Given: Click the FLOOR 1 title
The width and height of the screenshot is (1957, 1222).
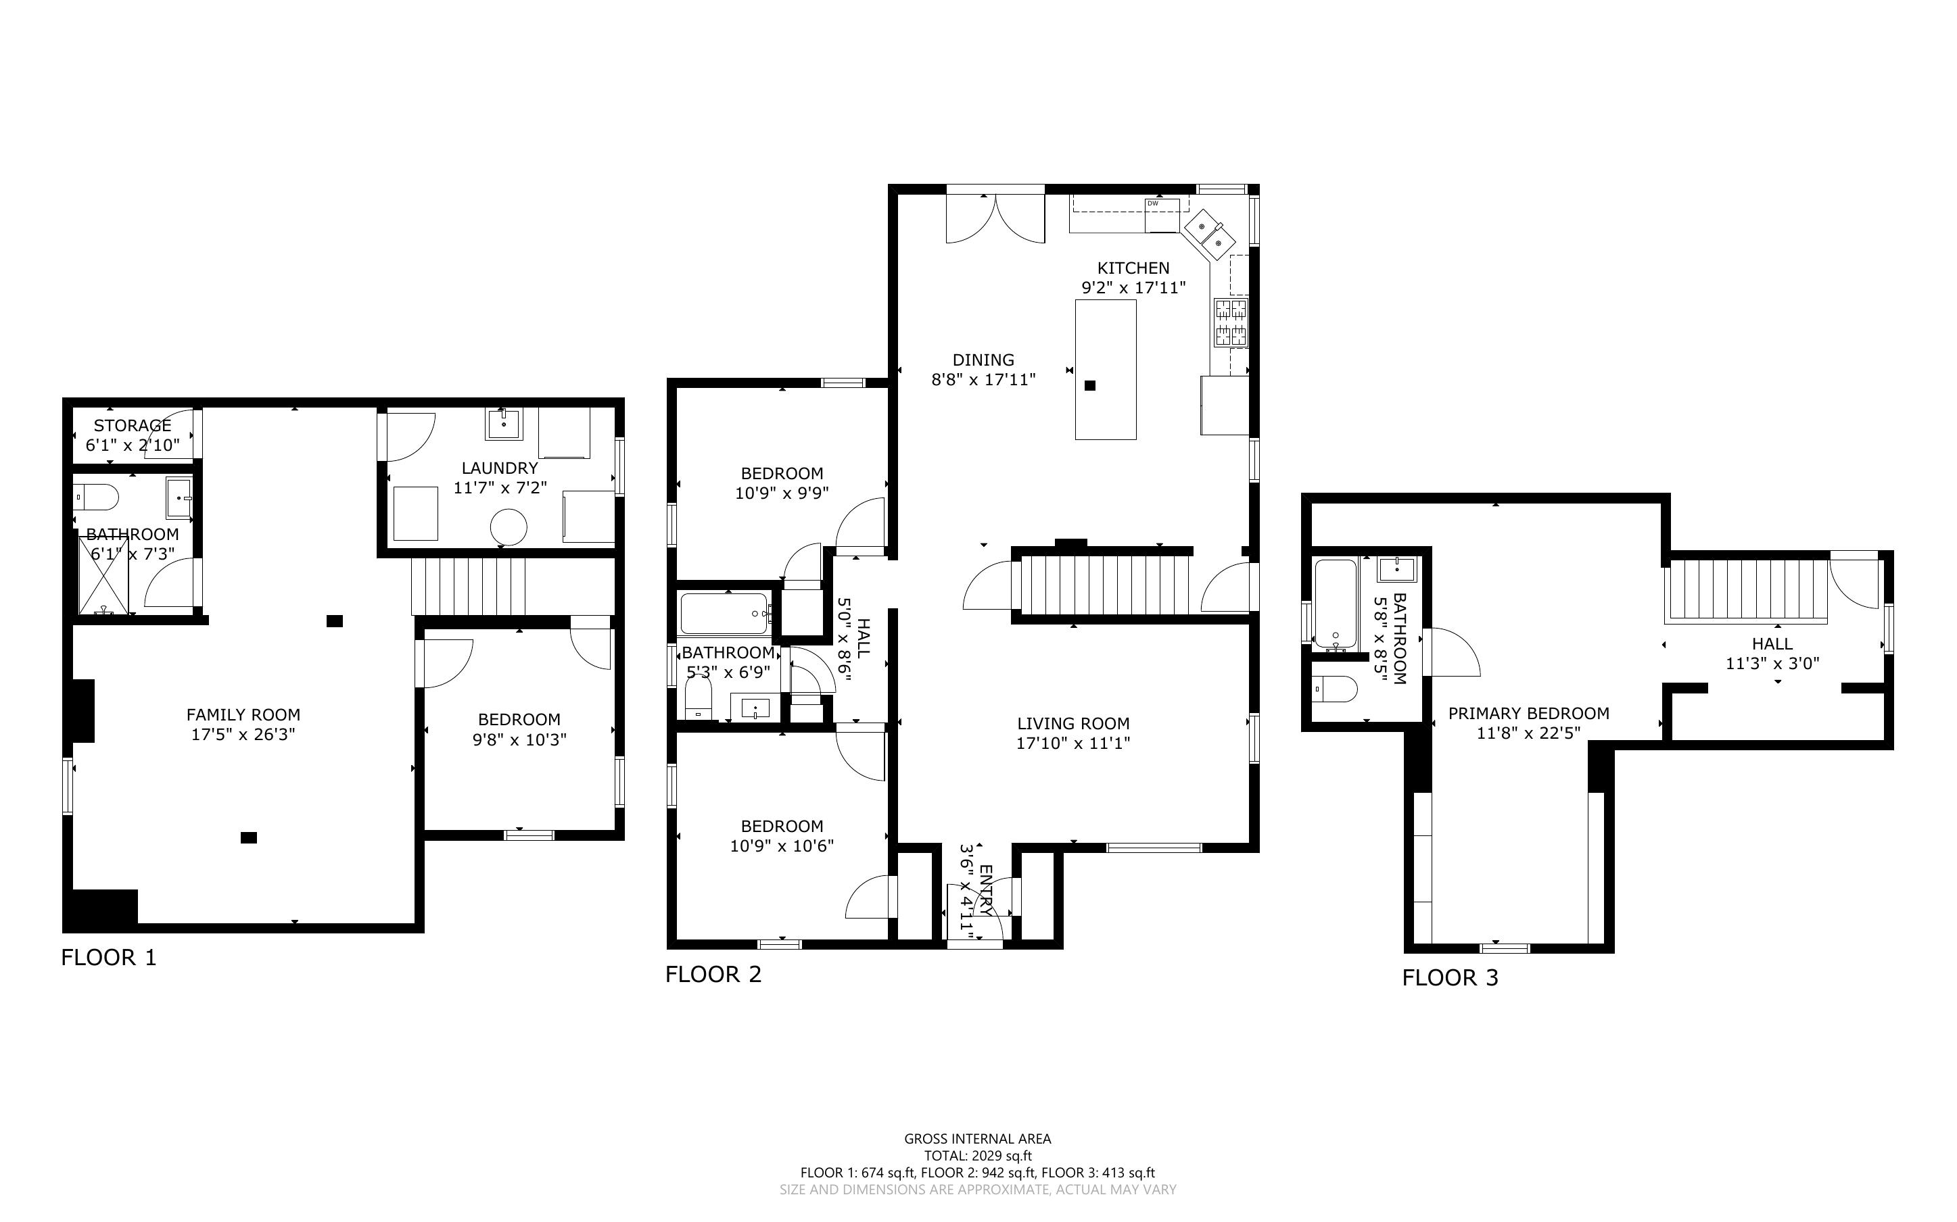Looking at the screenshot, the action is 108,958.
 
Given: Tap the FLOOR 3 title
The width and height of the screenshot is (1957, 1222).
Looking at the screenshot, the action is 1451,978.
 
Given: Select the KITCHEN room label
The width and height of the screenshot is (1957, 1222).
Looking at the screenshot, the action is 1133,268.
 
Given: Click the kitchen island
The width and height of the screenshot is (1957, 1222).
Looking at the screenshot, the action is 1106,369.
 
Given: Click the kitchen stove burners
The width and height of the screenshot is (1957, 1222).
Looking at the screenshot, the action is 1230,322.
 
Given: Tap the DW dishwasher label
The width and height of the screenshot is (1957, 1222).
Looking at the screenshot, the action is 1153,203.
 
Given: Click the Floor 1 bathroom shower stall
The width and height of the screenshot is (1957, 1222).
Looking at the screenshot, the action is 103,575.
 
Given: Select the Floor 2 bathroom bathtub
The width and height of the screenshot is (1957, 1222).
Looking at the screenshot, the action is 724,614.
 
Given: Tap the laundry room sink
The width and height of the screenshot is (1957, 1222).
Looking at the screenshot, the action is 504,424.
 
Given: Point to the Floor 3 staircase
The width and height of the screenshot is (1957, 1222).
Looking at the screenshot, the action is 1746,591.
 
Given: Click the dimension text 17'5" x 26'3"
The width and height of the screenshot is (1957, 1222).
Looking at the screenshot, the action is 243,735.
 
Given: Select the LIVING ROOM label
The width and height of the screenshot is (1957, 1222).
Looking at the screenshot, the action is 1073,724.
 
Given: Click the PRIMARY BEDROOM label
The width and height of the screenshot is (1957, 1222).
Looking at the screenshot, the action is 1528,714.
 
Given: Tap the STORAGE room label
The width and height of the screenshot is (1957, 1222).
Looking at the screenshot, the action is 133,426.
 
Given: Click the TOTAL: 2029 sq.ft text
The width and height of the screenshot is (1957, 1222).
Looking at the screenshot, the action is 978,1156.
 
